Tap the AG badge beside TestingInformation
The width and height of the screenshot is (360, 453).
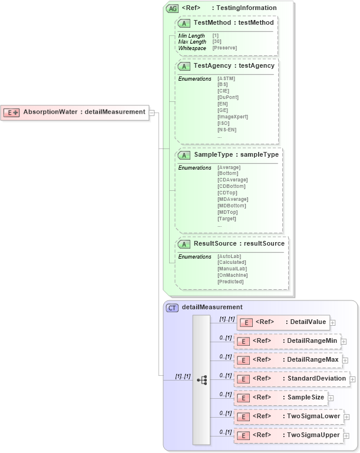[173, 8]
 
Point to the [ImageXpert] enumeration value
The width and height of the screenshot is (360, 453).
[232, 117]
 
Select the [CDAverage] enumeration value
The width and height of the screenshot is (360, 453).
[232, 180]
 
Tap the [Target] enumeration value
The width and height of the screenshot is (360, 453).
[227, 219]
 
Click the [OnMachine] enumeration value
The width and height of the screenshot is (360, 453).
[232, 275]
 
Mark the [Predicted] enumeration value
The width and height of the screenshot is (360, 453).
[230, 282]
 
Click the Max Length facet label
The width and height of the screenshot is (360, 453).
[192, 42]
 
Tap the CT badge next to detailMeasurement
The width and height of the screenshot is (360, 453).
[173, 307]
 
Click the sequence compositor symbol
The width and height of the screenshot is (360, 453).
[202, 380]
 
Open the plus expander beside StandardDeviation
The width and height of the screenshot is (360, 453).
[353, 379]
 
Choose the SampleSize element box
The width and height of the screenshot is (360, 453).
[280, 398]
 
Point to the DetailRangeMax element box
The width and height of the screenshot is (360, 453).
[288, 360]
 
